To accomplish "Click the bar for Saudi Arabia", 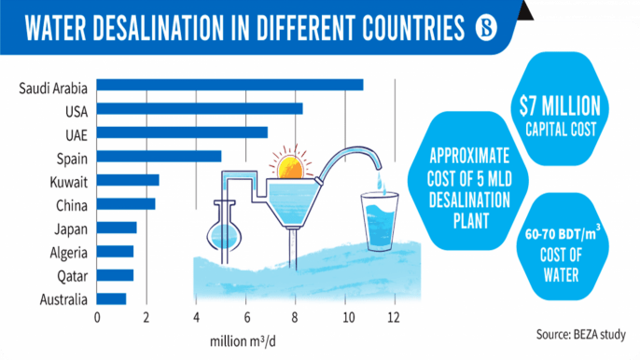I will pos(230,86).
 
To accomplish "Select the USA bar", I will pos(200,109).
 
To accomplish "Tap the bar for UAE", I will pos(182,132).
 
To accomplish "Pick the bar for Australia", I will pos(111,299).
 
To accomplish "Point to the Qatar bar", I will pos(115,275).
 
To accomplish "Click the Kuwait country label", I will pos(66,180).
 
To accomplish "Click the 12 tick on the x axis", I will pos(395,317).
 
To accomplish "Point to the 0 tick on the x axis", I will pos(97,317).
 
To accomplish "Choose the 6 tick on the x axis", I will pos(245,317).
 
